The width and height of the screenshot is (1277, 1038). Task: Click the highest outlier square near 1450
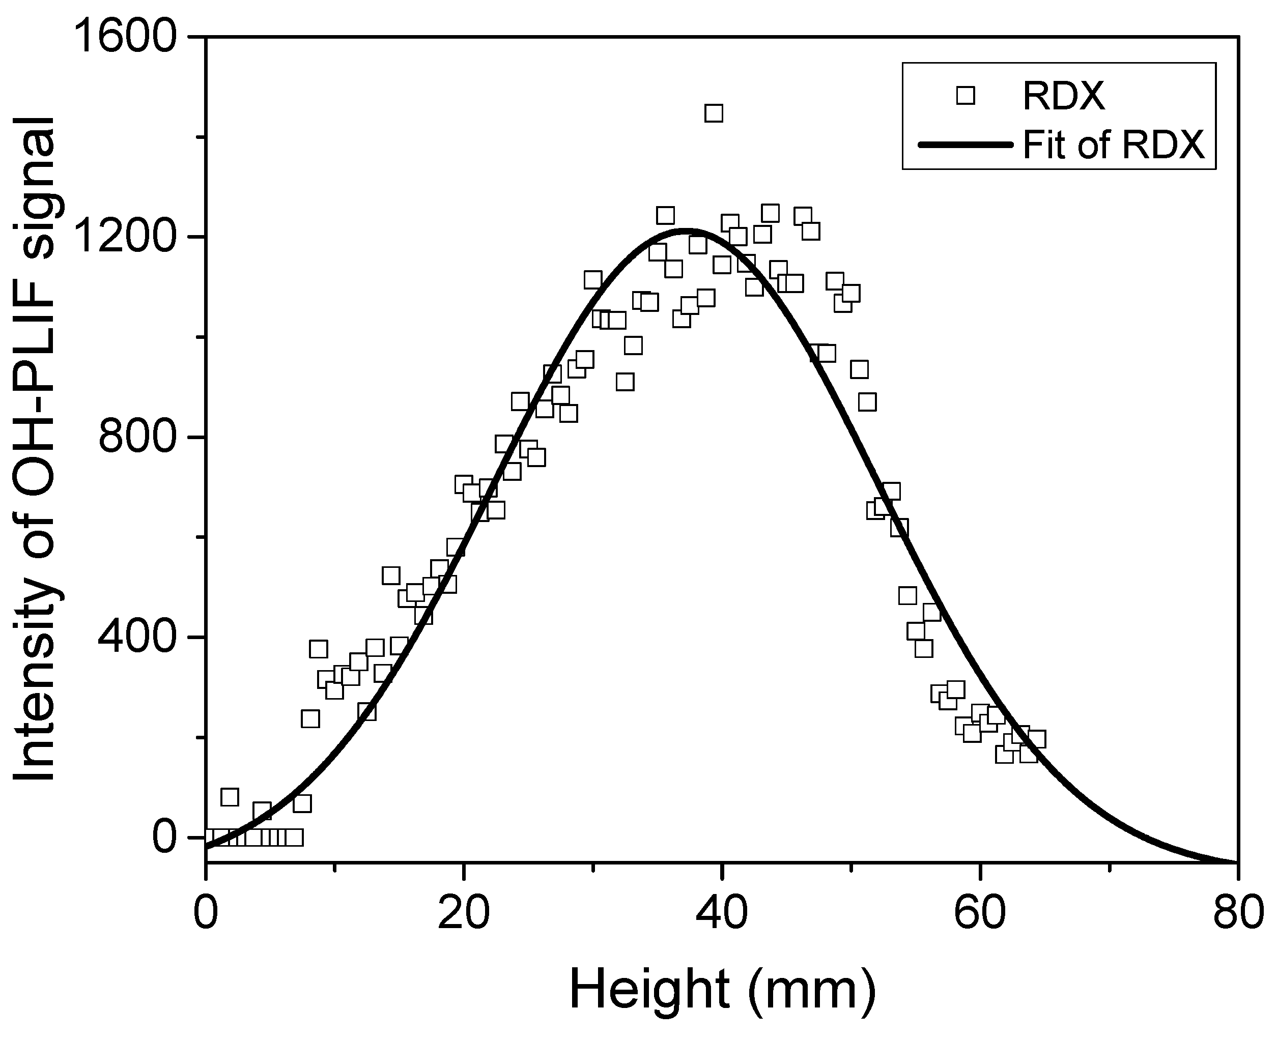tap(714, 113)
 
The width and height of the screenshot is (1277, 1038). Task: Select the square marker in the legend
tap(966, 95)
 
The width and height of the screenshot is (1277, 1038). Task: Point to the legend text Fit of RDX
tap(1114, 145)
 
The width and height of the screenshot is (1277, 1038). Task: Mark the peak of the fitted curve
tap(688, 229)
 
